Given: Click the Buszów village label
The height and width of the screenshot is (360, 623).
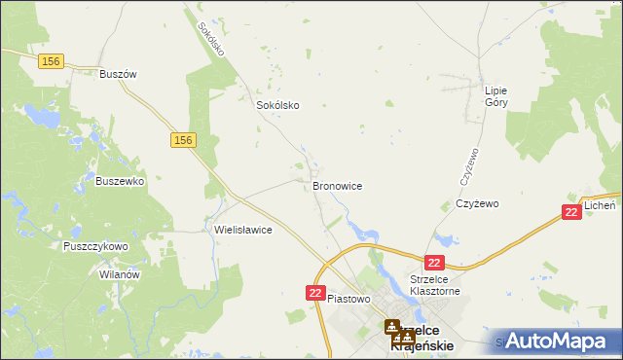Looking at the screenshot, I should tap(116, 74).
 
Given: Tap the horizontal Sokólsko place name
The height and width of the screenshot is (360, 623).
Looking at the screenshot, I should tap(276, 105).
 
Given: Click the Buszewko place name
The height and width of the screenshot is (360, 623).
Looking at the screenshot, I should tap(120, 181).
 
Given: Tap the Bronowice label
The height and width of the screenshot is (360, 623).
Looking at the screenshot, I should tap(337, 185).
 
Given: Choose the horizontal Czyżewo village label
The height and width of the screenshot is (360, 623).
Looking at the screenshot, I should tap(477, 204).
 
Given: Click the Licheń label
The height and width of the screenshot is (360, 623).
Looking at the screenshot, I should tap(601, 206).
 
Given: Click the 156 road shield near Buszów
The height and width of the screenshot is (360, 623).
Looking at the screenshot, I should tap(52, 61).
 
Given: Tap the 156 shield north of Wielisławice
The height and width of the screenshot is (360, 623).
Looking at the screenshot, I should tap(184, 141).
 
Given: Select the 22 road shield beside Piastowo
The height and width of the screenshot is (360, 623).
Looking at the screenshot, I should tap(315, 293).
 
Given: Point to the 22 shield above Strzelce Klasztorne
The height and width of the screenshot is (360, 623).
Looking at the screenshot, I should tap(434, 263).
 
